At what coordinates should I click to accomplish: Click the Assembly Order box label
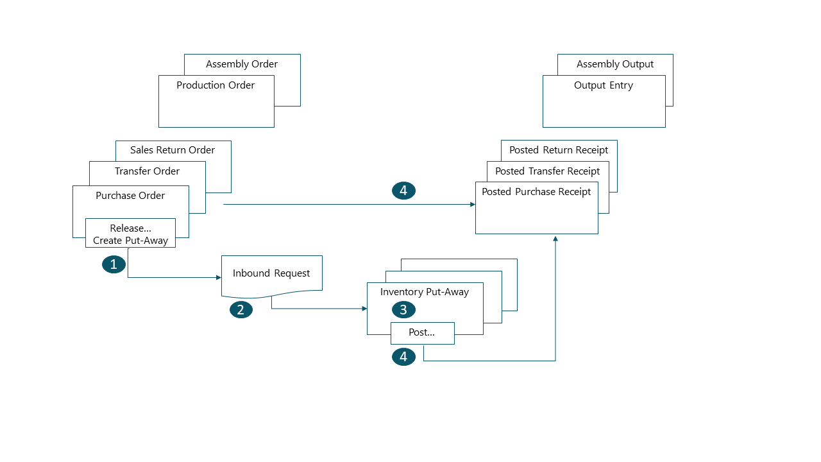[x=242, y=64]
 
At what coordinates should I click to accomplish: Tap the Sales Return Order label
[x=173, y=150]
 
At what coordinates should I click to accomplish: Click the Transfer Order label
[x=147, y=171]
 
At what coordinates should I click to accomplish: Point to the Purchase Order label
[x=130, y=196]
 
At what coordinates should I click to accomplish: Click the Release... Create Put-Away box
[x=130, y=234]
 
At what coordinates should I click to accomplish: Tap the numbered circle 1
[x=114, y=264]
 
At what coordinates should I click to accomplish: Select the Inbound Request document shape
[x=271, y=274]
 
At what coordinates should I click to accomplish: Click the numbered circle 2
[x=241, y=310]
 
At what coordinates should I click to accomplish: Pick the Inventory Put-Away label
[x=425, y=292]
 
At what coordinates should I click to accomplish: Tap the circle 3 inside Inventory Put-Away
[x=403, y=310]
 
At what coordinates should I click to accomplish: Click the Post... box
[x=422, y=333]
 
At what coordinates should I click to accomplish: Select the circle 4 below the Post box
[x=403, y=357]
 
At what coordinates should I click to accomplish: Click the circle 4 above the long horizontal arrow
[x=403, y=191]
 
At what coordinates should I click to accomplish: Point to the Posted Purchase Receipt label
[x=536, y=192]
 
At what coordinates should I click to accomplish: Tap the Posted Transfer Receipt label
[x=547, y=171]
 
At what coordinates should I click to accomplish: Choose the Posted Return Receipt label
[x=559, y=150]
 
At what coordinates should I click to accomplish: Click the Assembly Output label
[x=615, y=64]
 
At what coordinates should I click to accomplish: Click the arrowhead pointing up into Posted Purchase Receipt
[x=555, y=239]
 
